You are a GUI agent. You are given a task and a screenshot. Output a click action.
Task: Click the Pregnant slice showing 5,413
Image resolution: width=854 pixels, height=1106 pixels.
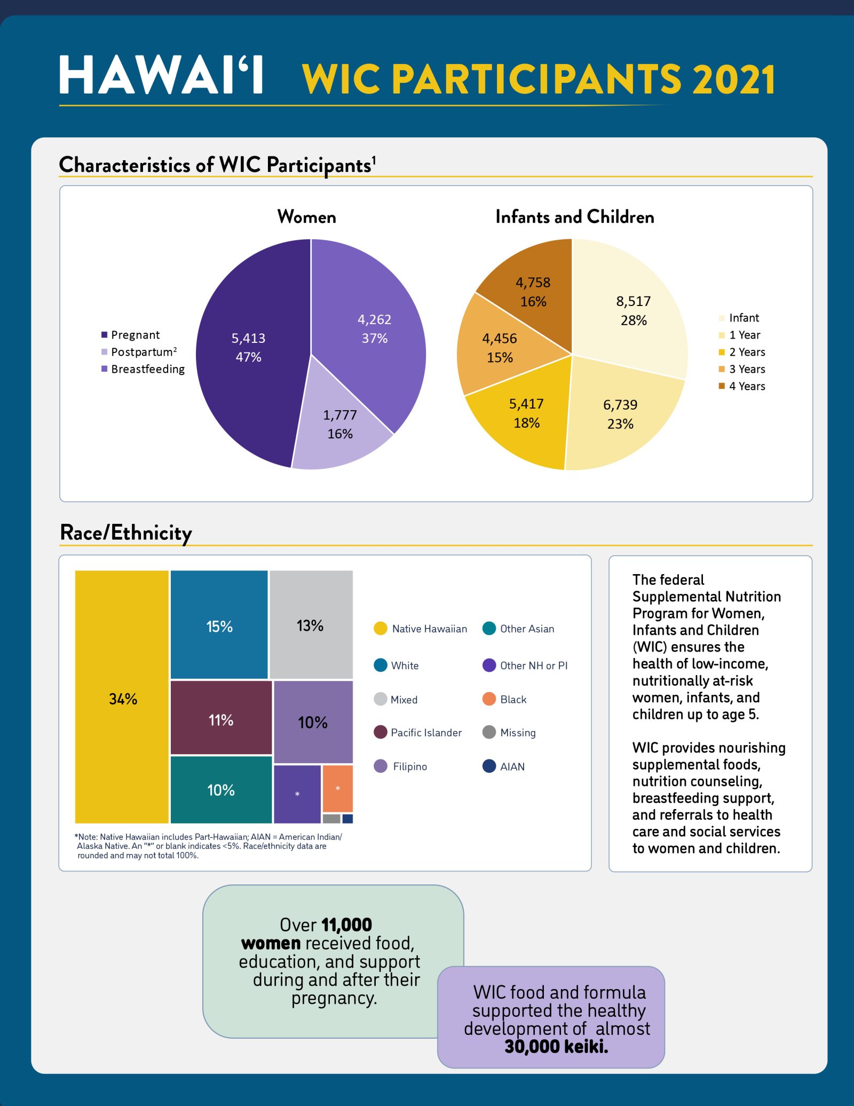click(248, 347)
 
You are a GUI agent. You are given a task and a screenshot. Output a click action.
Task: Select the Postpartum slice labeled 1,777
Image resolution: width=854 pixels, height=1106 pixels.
click(340, 425)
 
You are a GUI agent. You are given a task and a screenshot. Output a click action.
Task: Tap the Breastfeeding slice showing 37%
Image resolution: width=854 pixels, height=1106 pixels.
click(374, 328)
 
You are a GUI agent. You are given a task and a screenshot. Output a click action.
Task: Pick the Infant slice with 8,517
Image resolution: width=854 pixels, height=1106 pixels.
click(633, 310)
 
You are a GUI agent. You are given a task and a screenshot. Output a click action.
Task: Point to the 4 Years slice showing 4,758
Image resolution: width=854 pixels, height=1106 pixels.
click(533, 292)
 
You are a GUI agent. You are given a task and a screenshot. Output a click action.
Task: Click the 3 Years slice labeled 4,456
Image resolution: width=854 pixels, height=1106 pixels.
click(500, 347)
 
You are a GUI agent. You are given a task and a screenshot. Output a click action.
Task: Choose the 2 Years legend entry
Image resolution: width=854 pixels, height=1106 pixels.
click(746, 352)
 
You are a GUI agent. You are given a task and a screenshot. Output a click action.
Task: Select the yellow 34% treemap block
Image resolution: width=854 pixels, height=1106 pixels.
click(122, 697)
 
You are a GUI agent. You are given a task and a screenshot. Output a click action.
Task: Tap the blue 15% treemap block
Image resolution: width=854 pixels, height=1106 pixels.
click(219, 625)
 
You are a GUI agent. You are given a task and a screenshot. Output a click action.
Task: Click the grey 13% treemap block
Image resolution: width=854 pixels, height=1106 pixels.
click(311, 625)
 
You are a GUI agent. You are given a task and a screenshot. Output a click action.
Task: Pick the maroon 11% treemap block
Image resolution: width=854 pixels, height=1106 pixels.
click(221, 719)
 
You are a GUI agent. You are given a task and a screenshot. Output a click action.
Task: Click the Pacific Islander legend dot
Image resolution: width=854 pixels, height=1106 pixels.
click(381, 732)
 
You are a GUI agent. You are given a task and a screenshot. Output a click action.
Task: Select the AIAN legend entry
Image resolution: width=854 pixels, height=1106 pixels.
click(511, 766)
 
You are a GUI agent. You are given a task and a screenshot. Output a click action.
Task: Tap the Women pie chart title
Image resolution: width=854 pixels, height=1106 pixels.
click(306, 217)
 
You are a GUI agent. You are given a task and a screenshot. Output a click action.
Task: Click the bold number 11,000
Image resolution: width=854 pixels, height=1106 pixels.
click(346, 924)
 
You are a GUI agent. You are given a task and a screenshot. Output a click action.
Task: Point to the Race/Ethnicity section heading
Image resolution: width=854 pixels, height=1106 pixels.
click(126, 532)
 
